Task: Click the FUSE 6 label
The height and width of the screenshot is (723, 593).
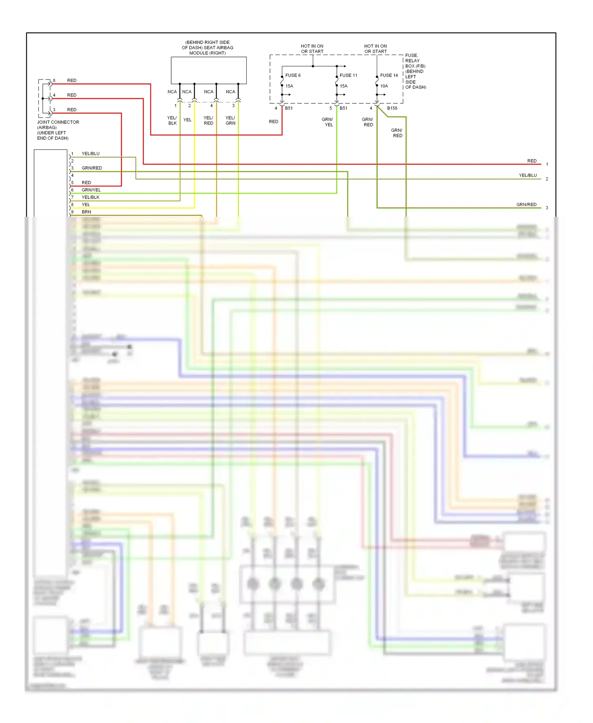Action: click(x=293, y=75)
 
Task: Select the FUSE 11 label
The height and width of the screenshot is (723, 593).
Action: click(x=348, y=75)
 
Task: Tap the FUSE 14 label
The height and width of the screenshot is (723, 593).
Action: click(x=389, y=75)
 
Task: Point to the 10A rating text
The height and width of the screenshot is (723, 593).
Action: click(x=384, y=86)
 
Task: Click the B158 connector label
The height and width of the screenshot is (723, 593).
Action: click(x=392, y=108)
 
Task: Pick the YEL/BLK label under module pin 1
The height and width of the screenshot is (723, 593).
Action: click(x=172, y=121)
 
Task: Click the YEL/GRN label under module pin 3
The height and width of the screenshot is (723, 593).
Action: click(x=230, y=121)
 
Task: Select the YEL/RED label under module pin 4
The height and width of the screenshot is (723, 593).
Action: click(x=208, y=121)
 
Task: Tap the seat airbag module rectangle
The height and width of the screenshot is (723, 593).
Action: click(x=209, y=70)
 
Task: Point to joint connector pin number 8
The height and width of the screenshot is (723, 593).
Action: click(x=54, y=80)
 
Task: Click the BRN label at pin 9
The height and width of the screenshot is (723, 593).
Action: click(x=86, y=212)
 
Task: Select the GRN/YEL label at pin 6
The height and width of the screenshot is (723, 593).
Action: click(x=91, y=190)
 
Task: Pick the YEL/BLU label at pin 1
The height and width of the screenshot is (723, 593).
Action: click(x=91, y=153)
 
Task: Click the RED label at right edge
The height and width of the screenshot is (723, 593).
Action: click(x=532, y=161)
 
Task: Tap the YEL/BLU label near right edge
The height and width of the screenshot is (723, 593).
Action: click(x=528, y=175)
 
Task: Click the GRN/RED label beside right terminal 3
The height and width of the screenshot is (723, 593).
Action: click(x=526, y=204)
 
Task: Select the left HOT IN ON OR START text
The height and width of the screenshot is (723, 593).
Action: click(x=312, y=49)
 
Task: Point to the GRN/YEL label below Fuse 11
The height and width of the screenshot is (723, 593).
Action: click(x=328, y=122)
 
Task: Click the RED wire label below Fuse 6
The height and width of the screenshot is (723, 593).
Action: click(x=274, y=121)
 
